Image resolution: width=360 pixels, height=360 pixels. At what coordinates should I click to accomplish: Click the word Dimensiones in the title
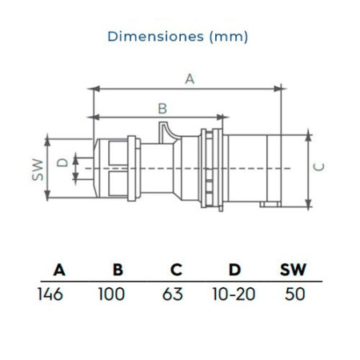coord(156,36)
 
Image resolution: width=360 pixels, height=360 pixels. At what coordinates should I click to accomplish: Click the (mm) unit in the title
coord(229,37)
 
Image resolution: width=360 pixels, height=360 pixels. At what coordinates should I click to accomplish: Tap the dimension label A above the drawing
coord(190,79)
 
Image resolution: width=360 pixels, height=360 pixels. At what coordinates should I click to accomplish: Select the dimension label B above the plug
coord(162,109)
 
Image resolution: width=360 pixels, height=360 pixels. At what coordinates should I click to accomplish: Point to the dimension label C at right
coord(319,167)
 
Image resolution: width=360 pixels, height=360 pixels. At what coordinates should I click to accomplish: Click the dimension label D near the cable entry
coord(62,162)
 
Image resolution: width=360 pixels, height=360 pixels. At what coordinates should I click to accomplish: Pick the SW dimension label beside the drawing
coord(38,170)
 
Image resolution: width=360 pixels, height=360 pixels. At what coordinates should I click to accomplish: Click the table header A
coord(59,270)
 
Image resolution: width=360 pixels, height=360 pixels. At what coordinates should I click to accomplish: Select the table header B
coord(118,270)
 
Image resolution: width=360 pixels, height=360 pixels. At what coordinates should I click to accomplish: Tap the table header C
coord(176,270)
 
